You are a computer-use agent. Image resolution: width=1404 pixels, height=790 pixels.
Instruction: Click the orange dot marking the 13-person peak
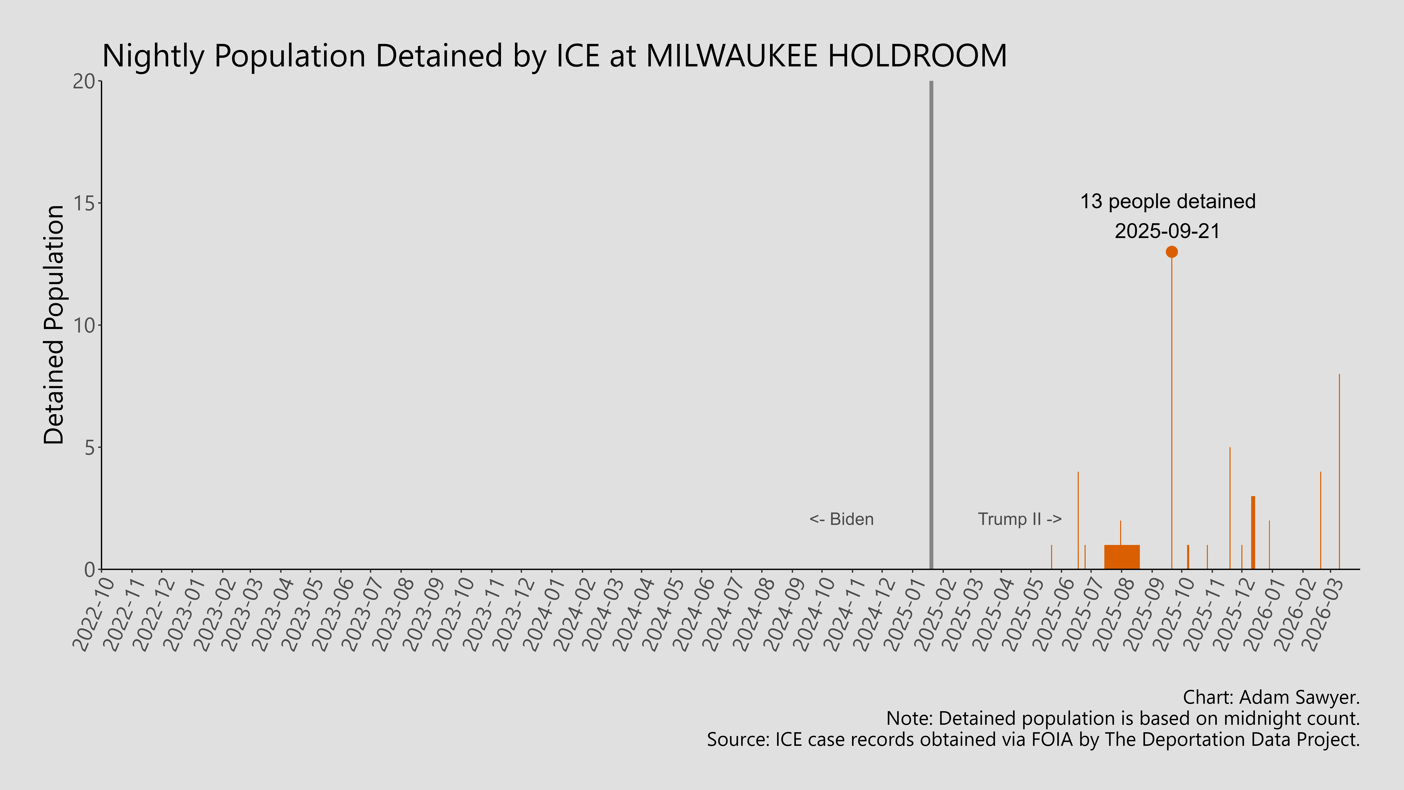click(x=1171, y=252)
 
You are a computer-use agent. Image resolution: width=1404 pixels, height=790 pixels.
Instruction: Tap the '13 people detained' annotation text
click(x=1168, y=202)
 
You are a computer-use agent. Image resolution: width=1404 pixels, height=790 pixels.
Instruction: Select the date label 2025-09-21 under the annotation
click(x=1167, y=231)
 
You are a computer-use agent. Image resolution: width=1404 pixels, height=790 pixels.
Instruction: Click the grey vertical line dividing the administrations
click(x=931, y=327)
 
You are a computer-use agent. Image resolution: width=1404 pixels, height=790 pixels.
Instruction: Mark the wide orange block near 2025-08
click(x=1122, y=557)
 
